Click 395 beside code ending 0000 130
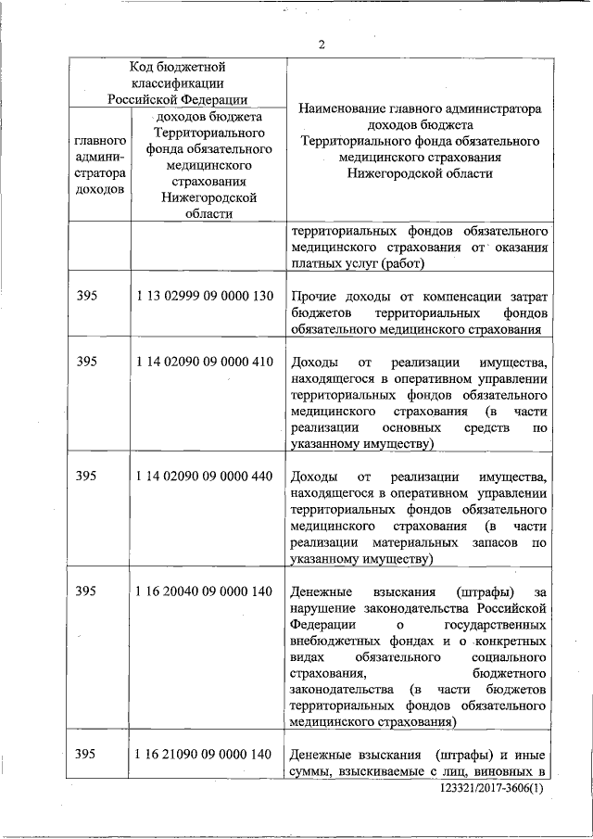[x=86, y=296]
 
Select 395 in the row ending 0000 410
[x=86, y=361]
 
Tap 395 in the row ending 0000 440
[x=86, y=477]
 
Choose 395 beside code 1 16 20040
[x=86, y=591]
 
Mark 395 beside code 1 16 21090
[x=86, y=753]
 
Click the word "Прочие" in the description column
[x=312, y=296]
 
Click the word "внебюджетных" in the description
[x=332, y=641]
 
